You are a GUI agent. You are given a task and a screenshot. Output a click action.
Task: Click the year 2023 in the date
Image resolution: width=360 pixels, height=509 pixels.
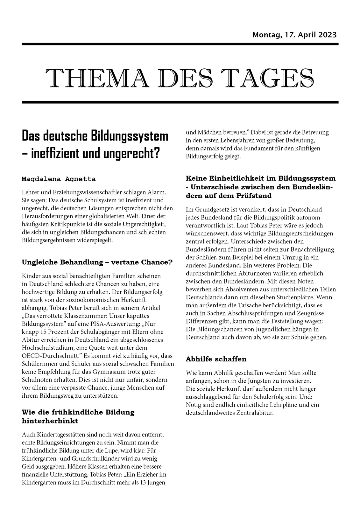tap(326, 35)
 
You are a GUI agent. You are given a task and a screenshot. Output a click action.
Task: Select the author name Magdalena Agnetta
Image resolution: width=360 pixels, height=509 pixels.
tap(59, 179)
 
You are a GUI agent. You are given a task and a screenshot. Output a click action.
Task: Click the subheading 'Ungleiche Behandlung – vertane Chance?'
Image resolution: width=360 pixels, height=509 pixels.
tap(97, 262)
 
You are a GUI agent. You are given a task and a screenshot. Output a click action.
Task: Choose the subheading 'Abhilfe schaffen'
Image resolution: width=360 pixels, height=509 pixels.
tap(216, 359)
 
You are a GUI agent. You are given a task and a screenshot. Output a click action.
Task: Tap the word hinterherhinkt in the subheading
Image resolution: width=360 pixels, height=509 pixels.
tap(50, 421)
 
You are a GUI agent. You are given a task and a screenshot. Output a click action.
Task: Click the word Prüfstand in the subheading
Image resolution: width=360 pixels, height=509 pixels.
tap(254, 196)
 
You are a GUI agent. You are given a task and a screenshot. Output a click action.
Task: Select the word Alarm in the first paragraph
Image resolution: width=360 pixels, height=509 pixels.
tap(157, 192)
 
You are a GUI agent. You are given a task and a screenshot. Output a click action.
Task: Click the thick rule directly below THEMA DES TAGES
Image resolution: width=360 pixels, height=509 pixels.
tap(180, 102)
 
